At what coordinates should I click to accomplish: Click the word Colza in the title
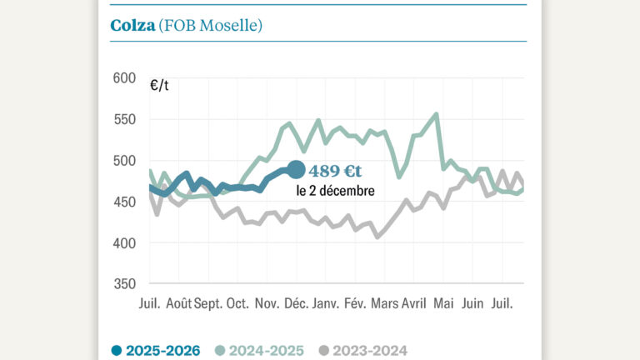tap(132, 25)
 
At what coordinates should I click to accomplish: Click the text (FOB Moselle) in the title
tap(211, 26)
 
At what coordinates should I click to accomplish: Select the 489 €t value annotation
tap(335, 171)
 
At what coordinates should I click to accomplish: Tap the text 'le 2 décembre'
tap(335, 191)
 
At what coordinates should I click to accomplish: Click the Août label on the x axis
tap(177, 304)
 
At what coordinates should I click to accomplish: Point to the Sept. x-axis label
tap(209, 304)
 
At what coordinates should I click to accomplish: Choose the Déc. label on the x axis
tap(294, 304)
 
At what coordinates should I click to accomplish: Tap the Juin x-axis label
tap(472, 304)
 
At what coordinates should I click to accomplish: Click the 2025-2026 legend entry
tap(157, 351)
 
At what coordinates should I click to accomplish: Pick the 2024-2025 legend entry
tap(260, 351)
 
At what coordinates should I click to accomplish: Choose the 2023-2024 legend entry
tap(363, 351)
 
